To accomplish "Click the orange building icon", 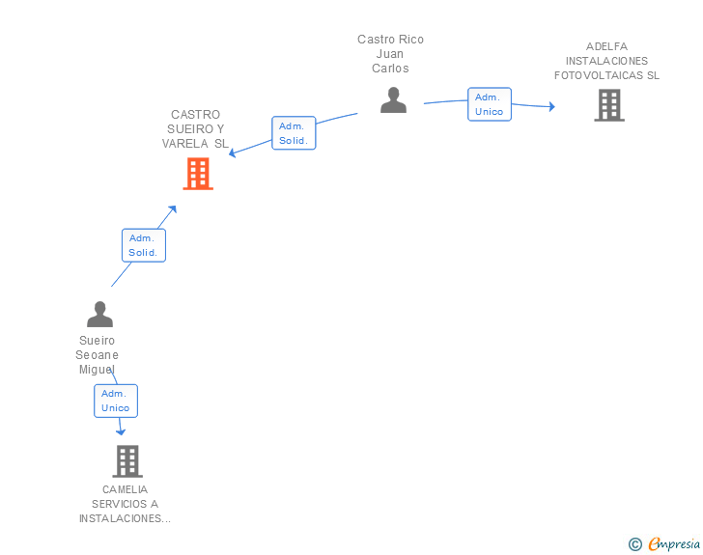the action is pyautogui.click(x=198, y=174).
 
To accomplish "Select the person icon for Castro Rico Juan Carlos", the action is pyautogui.click(x=393, y=100).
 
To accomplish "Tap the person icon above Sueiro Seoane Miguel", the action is pyautogui.click(x=99, y=314).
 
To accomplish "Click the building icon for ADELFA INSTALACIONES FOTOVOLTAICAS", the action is pyautogui.click(x=609, y=105).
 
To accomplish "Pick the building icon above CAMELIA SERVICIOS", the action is pyautogui.click(x=127, y=460).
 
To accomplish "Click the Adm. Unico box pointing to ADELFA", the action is pyautogui.click(x=490, y=104).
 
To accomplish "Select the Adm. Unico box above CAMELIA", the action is pyautogui.click(x=116, y=401).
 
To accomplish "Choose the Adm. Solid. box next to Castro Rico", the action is pyautogui.click(x=294, y=132).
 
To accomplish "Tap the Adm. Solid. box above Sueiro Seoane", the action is pyautogui.click(x=144, y=245).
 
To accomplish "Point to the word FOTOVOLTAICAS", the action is pyautogui.click(x=599, y=75).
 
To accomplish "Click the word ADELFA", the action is pyautogui.click(x=606, y=46).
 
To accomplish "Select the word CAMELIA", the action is pyautogui.click(x=125, y=489).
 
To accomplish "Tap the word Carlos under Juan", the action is pyautogui.click(x=390, y=69).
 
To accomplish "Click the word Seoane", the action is pyautogui.click(x=97, y=355).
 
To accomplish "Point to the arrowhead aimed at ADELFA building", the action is pyautogui.click(x=552, y=106).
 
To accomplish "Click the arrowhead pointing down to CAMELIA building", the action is pyautogui.click(x=121, y=432).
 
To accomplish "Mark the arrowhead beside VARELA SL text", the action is pyautogui.click(x=232, y=153).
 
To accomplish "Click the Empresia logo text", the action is pyautogui.click(x=674, y=543).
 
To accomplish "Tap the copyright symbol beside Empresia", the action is pyautogui.click(x=634, y=544).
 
